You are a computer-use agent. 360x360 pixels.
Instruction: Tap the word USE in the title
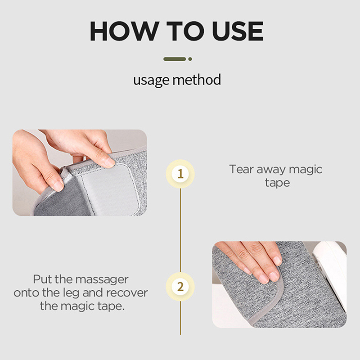tap(238, 31)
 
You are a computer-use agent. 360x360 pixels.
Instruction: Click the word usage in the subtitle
tap(151, 80)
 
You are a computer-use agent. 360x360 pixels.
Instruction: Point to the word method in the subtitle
tap(197, 80)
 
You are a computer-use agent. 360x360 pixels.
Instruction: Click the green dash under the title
tap(175, 59)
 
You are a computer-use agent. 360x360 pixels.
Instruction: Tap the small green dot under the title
tap(190, 59)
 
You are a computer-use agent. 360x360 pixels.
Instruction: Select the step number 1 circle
tap(180, 174)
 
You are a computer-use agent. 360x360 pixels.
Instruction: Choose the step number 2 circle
tap(180, 287)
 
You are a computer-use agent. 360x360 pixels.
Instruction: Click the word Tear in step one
tap(241, 169)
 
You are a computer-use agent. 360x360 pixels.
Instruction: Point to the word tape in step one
tap(277, 183)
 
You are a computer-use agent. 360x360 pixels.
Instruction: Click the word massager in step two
tap(102, 280)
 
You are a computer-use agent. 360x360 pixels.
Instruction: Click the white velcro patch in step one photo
tap(110, 188)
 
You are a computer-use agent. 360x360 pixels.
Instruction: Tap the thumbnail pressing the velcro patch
tap(109, 162)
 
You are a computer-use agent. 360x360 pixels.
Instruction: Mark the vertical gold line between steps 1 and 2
tap(180, 230)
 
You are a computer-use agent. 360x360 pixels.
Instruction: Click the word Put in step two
tap(43, 279)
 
